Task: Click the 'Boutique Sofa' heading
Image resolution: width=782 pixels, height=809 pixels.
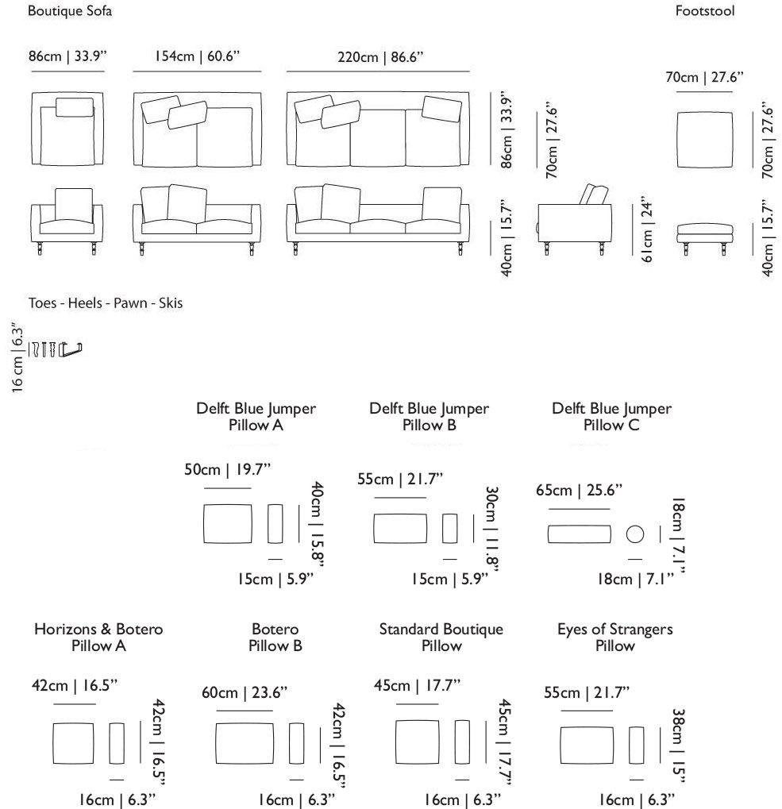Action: click(x=70, y=11)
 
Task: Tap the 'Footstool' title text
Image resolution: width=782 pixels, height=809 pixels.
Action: click(x=705, y=11)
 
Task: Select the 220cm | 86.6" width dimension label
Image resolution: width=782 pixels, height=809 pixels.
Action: click(x=381, y=57)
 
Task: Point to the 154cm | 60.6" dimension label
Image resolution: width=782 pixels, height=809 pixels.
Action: click(x=197, y=57)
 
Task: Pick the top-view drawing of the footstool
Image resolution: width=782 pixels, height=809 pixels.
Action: click(x=705, y=140)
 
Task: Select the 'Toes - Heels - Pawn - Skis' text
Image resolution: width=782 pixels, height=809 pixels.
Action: click(x=106, y=303)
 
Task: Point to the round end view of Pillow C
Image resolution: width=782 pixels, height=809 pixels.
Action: click(x=634, y=534)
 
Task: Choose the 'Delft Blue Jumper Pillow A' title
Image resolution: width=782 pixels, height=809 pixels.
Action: click(x=256, y=417)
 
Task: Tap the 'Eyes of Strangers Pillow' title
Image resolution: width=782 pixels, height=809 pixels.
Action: click(x=614, y=638)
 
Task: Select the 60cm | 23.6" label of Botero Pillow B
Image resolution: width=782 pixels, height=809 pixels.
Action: click(x=245, y=693)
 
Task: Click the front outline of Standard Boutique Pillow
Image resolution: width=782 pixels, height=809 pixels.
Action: click(x=418, y=741)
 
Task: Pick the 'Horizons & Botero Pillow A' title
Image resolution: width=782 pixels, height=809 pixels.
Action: click(x=98, y=638)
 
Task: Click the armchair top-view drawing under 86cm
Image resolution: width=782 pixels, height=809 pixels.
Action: click(x=68, y=130)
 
